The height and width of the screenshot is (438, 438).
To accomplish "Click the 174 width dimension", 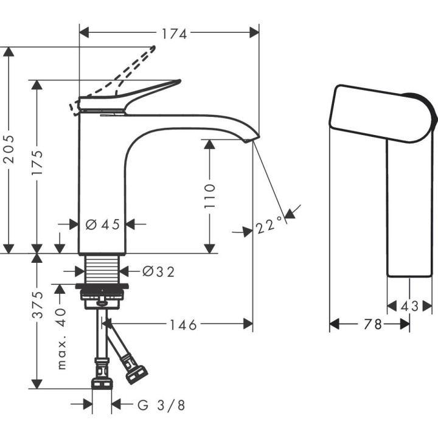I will tap(173, 34).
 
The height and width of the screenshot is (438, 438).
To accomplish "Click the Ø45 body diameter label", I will tap(103, 225).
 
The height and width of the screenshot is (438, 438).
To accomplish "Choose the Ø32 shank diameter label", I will tap(158, 272).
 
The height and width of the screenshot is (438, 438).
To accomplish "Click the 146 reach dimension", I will tap(183, 325).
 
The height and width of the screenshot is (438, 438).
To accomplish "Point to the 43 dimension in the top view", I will tap(410, 307).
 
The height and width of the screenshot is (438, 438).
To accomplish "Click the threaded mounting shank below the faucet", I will tap(103, 268).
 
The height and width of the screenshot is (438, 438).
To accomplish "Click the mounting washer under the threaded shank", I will tap(103, 286).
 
